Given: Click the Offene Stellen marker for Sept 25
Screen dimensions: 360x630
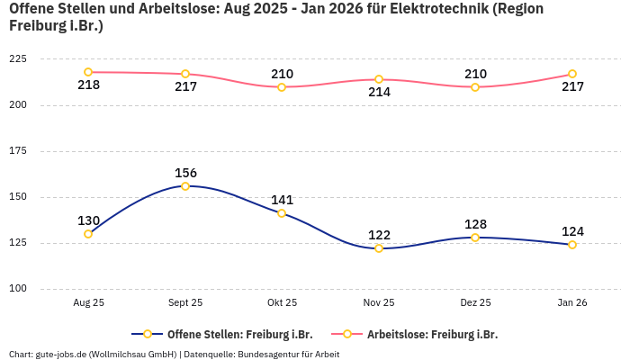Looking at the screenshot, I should [185, 186].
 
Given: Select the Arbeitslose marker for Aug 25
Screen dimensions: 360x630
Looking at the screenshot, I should [88, 72].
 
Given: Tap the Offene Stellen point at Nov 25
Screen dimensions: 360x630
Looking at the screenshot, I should [379, 248].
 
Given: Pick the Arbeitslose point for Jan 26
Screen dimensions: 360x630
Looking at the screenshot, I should [572, 74].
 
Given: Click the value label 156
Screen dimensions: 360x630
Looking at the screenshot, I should [185, 173].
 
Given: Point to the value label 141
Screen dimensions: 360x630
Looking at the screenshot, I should [282, 200].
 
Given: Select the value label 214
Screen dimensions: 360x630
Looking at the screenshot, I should [379, 93].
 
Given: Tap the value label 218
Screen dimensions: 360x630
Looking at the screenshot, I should [88, 85].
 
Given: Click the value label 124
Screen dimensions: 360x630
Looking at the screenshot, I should [572, 231].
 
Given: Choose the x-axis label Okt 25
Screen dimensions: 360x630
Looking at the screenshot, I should [282, 303].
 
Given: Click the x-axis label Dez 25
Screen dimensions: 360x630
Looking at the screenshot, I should [475, 303].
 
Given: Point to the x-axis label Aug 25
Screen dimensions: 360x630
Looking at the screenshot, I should [88, 303].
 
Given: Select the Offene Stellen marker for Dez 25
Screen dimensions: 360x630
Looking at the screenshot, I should [475, 238].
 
